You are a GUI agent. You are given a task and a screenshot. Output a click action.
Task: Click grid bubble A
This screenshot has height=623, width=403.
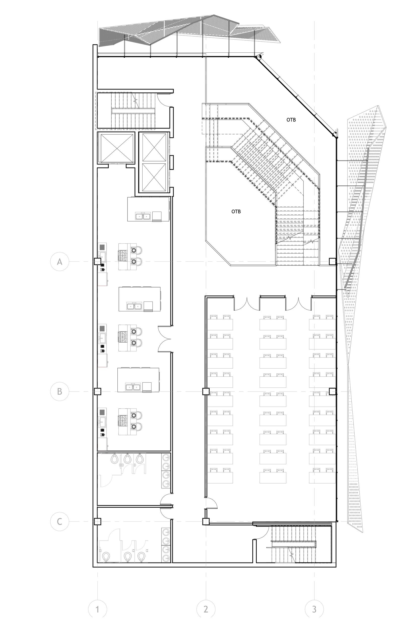[x=60, y=261]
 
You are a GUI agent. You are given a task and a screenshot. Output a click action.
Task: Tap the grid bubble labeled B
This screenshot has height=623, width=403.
[x=60, y=391]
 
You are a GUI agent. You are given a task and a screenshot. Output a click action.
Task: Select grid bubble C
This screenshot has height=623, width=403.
[x=60, y=521]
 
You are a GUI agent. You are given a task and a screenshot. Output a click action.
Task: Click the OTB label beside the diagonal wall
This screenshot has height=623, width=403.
[x=291, y=120]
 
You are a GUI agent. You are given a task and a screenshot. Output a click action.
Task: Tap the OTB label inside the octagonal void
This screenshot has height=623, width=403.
[x=236, y=211]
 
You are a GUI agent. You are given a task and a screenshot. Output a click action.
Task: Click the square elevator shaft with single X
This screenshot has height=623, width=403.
[x=115, y=148]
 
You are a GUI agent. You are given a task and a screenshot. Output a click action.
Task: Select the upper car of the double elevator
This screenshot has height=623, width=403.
[x=154, y=148]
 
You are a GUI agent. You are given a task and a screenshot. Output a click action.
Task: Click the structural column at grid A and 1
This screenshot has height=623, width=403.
[x=97, y=261]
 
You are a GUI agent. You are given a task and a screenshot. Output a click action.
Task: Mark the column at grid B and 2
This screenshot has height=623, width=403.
[x=206, y=391]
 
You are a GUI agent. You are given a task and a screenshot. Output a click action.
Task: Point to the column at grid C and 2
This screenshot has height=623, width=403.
[x=206, y=521]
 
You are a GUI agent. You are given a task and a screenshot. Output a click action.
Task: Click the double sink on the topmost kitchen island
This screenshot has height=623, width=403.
[x=143, y=216]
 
